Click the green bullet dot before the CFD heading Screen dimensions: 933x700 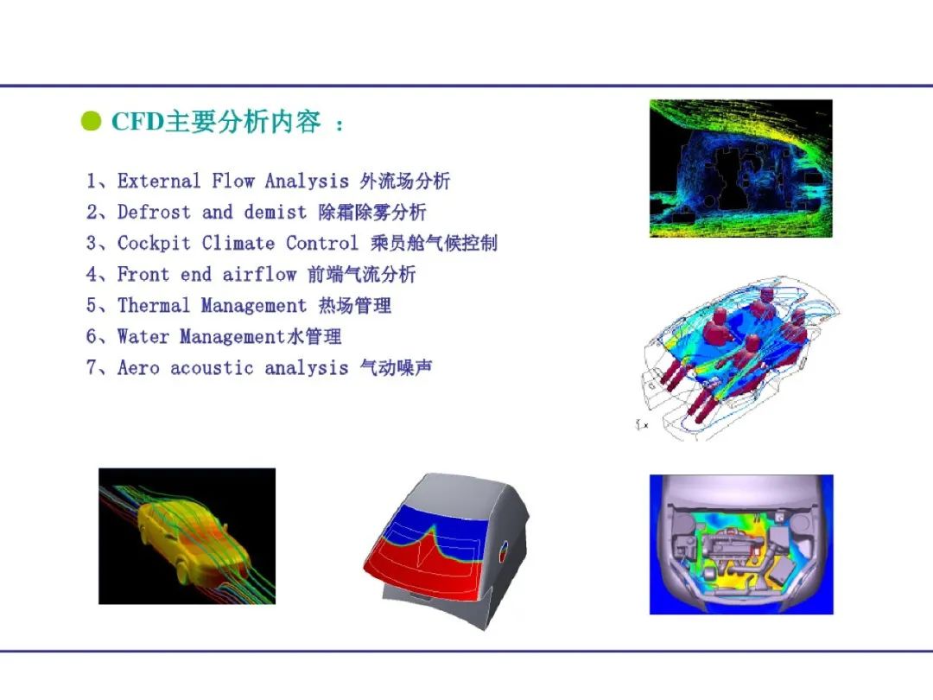[91, 121]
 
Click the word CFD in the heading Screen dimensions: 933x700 [137, 122]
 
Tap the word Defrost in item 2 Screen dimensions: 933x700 [154, 212]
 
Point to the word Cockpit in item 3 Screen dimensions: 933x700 [154, 243]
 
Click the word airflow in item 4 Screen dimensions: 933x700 [259, 274]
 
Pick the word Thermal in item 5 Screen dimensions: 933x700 [154, 305]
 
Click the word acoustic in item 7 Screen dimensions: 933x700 [212, 368]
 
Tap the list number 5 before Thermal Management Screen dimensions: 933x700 [92, 305]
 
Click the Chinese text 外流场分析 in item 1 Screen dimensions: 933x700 [404, 181]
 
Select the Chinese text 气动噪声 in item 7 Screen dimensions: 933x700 [396, 368]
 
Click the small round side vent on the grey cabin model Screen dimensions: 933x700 [504, 550]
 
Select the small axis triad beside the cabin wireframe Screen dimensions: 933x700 [641, 424]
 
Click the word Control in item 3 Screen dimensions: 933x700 [322, 243]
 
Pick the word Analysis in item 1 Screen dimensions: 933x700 [307, 181]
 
